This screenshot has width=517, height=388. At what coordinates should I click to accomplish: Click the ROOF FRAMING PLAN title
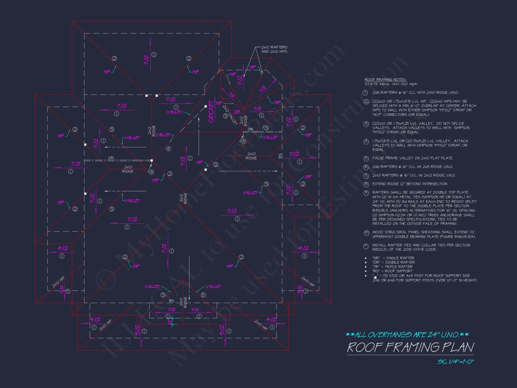pos(410,347)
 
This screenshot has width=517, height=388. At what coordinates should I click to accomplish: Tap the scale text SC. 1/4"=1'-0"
pos(455,362)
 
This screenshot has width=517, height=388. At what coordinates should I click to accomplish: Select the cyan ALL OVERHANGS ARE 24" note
pos(407,335)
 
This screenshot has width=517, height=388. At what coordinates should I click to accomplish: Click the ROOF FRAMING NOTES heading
pos(385,79)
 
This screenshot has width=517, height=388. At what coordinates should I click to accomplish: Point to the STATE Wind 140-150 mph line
pos(391,84)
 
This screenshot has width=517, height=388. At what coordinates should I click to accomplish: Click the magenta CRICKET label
pos(211,112)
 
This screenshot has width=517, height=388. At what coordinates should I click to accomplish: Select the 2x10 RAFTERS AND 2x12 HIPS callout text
pos(274,49)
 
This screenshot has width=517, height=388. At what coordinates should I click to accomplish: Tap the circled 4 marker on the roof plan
pos(168,149)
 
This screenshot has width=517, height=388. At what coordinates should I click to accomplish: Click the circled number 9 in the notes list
pos(366,193)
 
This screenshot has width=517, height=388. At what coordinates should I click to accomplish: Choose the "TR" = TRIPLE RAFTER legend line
pos(392,267)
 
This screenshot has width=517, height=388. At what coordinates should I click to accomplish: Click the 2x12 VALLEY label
pos(230,115)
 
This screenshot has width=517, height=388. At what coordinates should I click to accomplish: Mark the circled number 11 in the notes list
pos(366,246)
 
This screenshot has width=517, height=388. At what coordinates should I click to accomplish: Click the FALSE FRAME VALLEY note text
pos(412,158)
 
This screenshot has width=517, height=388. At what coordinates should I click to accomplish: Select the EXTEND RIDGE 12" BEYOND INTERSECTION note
pos(409,184)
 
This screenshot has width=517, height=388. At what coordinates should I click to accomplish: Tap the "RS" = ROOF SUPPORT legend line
pos(392,271)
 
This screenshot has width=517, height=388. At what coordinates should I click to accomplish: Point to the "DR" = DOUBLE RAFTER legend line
pos(393,262)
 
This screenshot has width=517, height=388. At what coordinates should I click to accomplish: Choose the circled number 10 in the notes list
pos(366,233)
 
